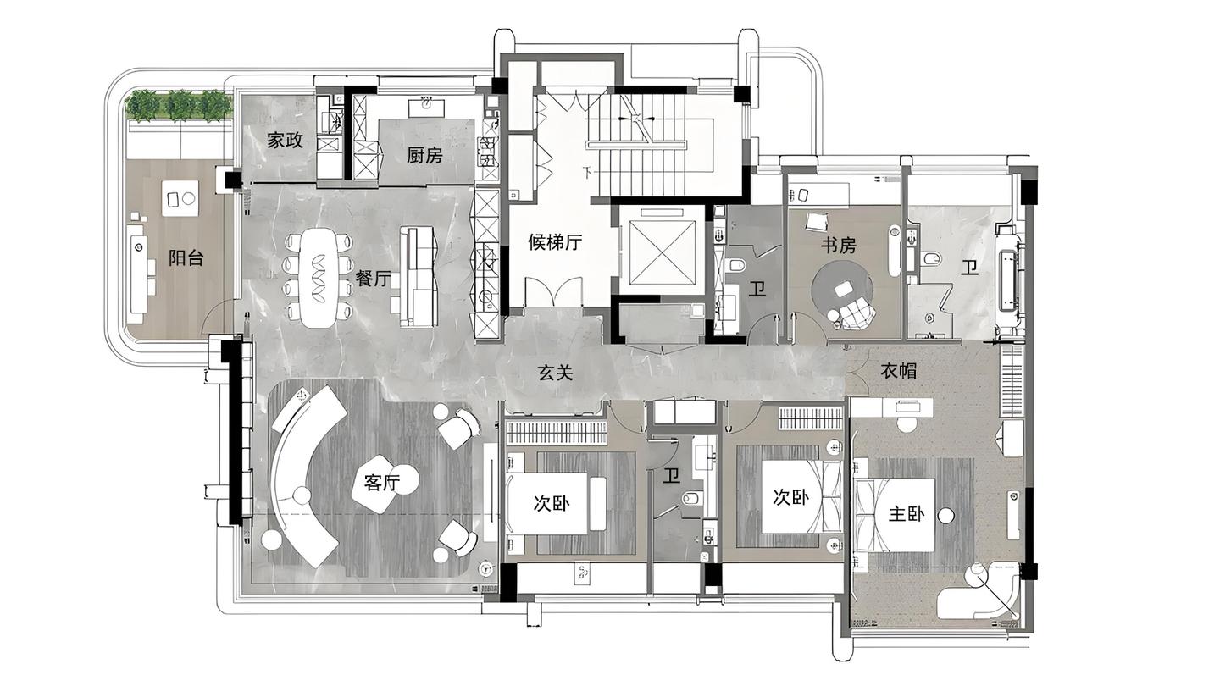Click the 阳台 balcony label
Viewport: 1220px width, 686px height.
186,258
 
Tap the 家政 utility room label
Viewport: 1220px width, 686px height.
285,141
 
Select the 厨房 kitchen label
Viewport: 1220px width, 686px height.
424,156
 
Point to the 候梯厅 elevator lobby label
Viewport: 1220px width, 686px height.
555,241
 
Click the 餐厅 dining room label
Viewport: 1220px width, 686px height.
373,278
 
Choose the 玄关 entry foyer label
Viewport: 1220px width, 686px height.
556,373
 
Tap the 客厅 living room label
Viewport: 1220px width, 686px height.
382,483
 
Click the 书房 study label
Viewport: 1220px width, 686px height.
839,246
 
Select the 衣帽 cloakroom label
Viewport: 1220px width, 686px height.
899,371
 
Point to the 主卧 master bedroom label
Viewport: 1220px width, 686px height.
907,514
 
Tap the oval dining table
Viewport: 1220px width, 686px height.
320,278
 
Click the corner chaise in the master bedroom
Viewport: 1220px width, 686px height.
978,594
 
